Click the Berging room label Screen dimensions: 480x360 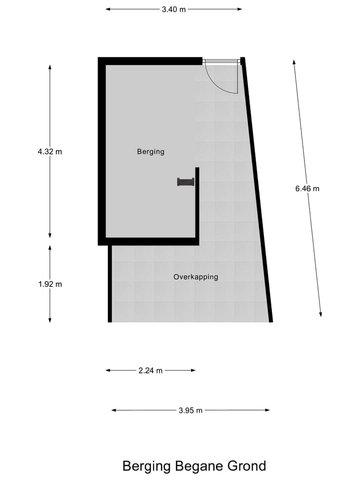pos(150,151)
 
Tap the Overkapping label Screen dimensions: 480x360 pos(195,276)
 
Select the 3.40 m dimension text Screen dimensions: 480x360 pos(173,9)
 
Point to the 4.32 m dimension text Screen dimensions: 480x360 pos(49,151)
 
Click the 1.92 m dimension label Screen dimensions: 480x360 pos(49,284)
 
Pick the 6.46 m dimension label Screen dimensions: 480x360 pos(307,188)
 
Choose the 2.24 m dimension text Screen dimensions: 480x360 pos(150,370)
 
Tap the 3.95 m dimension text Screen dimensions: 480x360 pos(190,410)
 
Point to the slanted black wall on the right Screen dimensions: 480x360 pos(257,190)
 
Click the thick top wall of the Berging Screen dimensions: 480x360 pos(150,61)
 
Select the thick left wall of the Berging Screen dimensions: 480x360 pos(101,150)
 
